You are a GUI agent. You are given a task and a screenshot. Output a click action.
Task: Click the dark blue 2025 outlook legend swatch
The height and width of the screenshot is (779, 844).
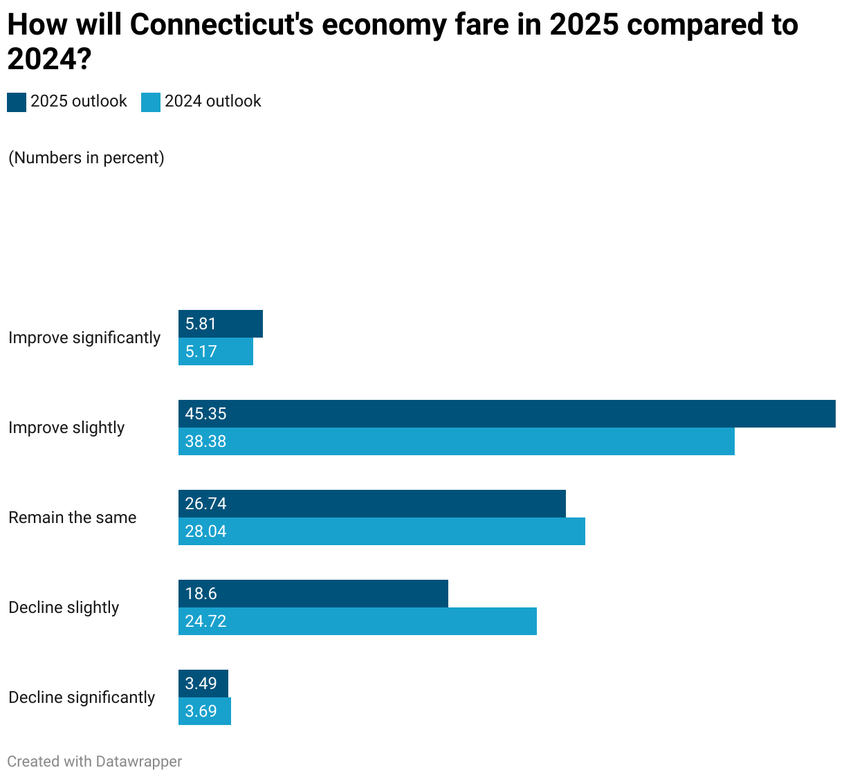click(x=17, y=102)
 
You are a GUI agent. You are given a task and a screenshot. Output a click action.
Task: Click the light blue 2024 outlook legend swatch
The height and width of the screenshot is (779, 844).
click(x=151, y=102)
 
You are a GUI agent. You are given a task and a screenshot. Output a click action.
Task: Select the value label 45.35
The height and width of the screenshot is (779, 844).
click(x=205, y=414)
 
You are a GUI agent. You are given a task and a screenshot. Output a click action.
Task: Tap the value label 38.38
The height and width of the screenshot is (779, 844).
click(x=205, y=441)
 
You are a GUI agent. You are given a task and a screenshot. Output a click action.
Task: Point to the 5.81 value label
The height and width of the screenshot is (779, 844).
click(x=201, y=324)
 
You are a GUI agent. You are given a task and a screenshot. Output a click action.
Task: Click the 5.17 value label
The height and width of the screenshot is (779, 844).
click(x=201, y=351)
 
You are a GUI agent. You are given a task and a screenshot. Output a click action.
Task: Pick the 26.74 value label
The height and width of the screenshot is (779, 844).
click(x=205, y=504)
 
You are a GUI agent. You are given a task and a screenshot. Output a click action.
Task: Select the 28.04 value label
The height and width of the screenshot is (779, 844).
click(x=205, y=531)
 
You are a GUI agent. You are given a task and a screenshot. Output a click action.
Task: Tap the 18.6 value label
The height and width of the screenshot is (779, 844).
click(x=201, y=594)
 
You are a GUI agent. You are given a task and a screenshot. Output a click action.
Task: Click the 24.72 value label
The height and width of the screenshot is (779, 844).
click(x=205, y=621)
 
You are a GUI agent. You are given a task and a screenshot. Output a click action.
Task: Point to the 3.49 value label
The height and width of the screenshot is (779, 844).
click(x=201, y=684)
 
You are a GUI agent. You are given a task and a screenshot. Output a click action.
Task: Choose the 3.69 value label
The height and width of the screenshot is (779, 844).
click(x=201, y=711)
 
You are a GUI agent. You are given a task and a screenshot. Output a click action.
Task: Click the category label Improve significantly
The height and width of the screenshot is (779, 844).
click(x=84, y=338)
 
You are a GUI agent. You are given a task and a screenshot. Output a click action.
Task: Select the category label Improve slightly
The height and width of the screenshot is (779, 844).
click(x=66, y=428)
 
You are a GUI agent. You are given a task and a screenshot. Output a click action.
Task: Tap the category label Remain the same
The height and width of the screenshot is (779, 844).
click(x=73, y=517)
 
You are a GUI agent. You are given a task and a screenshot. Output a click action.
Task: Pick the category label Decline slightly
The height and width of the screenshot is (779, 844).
click(x=64, y=607)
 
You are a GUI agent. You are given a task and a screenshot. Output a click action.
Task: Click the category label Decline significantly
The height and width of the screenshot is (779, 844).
click(x=82, y=697)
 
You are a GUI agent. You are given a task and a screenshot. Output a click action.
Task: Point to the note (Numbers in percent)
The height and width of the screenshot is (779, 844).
click(x=86, y=158)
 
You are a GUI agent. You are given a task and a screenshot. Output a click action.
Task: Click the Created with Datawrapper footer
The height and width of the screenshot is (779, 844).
click(x=95, y=762)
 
